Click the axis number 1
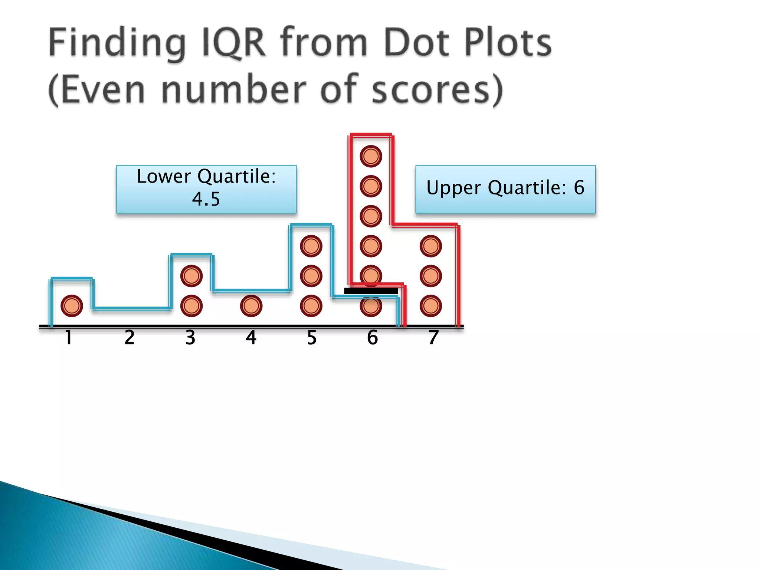pos(69,338)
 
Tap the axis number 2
pos(130,338)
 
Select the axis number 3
pos(190,338)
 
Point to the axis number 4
pos(251,338)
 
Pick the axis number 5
pos(312,338)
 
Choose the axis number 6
pos(373,338)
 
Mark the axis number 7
pos(433,338)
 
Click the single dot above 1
pos(72,306)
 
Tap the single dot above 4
pos(251,306)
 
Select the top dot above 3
pos(191,276)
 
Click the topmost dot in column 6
pos(371,156)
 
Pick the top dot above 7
pos(431,246)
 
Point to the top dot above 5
pos(311,246)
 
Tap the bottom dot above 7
pos(431,306)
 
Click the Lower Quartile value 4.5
pos(206,199)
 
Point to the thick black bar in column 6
pos(371,291)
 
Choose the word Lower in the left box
pos(164,176)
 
